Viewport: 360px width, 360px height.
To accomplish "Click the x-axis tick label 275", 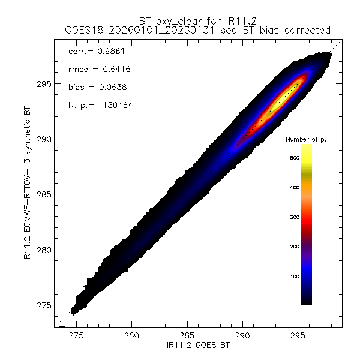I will pyautogui.click(x=76, y=336).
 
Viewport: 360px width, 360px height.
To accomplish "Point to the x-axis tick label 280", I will pyautogui.click(x=131, y=336).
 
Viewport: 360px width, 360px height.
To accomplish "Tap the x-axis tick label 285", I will pyautogui.click(x=187, y=336).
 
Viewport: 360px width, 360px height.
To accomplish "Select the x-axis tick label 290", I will pyautogui.click(x=243, y=336).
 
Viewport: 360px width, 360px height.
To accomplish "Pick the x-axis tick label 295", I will pyautogui.click(x=298, y=336).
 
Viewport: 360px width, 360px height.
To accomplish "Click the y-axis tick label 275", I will pyautogui.click(x=44, y=305).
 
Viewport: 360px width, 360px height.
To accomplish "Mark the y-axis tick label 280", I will pyautogui.click(x=44, y=250).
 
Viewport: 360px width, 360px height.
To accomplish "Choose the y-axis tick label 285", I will pyautogui.click(x=44, y=194).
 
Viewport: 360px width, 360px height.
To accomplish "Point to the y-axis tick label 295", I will pyautogui.click(x=44, y=84).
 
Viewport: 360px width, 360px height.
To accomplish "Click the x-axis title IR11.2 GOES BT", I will pyautogui.click(x=198, y=346).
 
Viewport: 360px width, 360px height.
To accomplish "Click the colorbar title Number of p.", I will pyautogui.click(x=306, y=139).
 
